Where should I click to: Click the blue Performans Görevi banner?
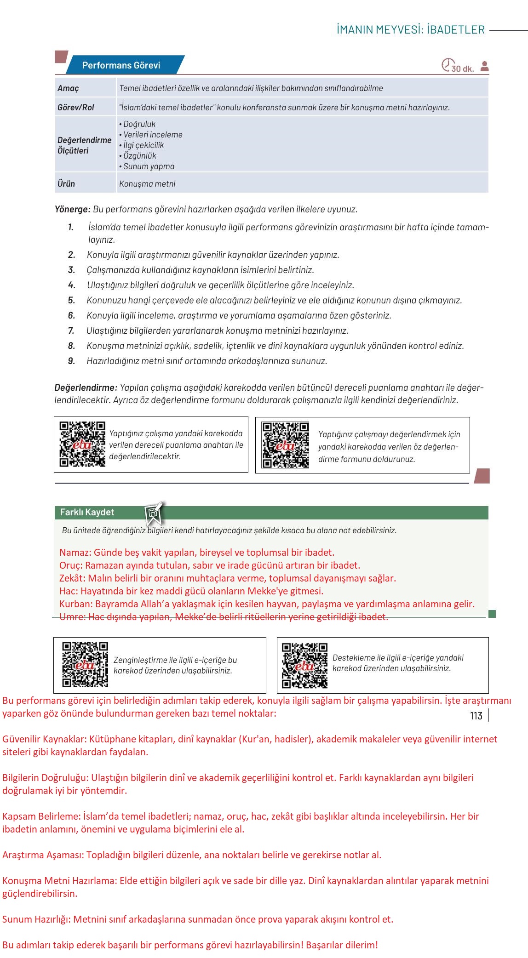(121, 65)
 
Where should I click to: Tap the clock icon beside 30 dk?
(447, 65)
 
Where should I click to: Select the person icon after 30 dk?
(484, 66)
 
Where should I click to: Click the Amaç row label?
(68, 88)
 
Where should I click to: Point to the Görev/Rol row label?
(75, 108)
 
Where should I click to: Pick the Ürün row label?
(66, 184)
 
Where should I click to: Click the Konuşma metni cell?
(147, 184)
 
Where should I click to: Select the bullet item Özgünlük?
(139, 156)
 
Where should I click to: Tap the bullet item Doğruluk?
(139, 124)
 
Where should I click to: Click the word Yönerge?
(72, 210)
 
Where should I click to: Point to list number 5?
(71, 301)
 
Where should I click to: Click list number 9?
(71, 361)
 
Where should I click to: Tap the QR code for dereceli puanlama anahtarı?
(82, 444)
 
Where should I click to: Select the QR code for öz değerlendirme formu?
(286, 445)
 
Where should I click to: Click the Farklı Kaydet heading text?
(87, 513)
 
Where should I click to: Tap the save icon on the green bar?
(154, 513)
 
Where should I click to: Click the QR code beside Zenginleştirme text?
(85, 664)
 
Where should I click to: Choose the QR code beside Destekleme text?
(304, 665)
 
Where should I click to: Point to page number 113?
(476, 716)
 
